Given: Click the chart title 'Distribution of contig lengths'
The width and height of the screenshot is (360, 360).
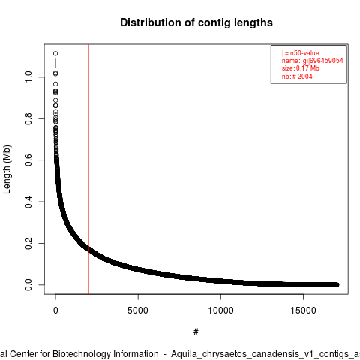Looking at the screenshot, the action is coord(196,22).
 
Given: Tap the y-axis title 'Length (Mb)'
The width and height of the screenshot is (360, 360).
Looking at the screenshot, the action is coord(7,169).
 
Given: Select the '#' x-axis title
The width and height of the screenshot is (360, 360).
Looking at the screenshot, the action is coord(196,332).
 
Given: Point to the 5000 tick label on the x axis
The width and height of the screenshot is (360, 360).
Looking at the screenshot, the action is coord(138,310).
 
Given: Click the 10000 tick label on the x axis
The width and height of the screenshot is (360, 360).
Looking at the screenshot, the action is coord(220,310).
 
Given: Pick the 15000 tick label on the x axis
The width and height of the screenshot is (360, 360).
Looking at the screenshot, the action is coord(303,310).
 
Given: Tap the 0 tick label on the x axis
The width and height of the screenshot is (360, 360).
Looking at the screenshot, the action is coord(55,310).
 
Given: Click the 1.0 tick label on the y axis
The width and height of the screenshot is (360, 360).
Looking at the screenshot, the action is coord(28,76).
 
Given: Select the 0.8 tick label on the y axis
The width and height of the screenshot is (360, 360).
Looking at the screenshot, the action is coord(28,118).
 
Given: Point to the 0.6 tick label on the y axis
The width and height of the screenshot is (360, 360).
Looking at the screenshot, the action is coord(28,160).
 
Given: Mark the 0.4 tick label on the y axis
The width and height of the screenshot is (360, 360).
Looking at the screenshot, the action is coord(28,202).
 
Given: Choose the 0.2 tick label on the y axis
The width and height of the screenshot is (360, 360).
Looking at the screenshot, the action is coord(28,243).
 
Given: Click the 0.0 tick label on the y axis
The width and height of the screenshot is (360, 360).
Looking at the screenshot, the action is coord(28,285).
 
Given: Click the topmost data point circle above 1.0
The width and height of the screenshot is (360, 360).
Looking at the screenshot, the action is coord(55,53).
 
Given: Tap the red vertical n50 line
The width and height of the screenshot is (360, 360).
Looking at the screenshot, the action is coord(88,169).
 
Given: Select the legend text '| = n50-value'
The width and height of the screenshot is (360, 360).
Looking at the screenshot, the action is coord(301,53).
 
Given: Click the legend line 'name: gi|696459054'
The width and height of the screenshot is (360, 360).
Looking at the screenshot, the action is coord(313,61).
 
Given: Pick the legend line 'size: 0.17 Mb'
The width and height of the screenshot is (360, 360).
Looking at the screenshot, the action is coord(301,68).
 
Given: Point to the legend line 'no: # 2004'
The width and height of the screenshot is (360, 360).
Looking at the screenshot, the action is coord(297,76).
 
